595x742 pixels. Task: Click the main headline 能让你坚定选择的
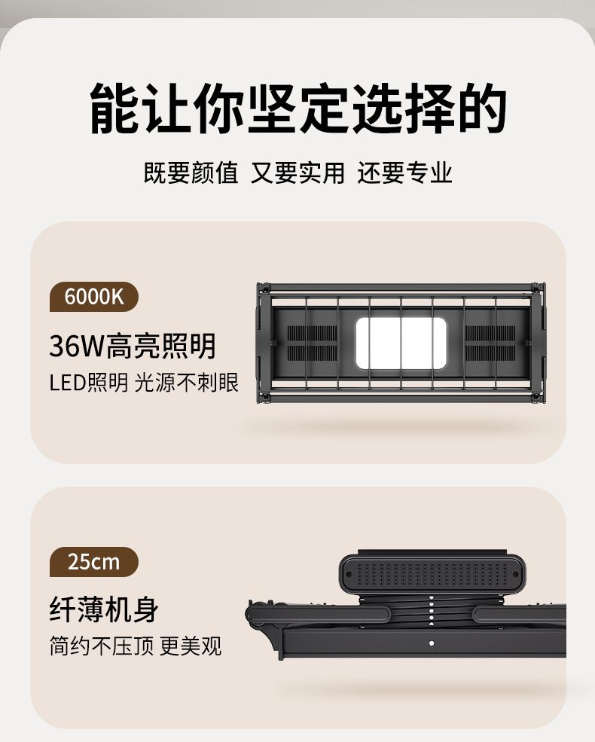298,108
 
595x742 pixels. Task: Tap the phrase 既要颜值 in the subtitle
191,173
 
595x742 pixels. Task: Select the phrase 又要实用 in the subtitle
298,173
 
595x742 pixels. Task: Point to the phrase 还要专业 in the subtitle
405,173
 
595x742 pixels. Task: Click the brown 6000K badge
93,298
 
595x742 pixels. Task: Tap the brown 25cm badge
93,562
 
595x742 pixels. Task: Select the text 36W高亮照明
133,346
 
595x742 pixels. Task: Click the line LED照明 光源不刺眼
145,383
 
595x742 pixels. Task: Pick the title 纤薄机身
104,610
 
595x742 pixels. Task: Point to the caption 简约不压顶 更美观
136,646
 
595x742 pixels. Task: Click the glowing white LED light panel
401,344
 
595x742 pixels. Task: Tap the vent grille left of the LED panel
312,343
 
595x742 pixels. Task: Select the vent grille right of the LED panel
490,343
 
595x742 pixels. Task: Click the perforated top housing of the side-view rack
432,573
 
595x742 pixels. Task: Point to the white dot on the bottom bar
432,643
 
